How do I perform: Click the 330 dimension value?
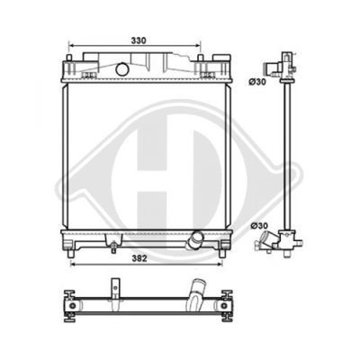coord(139,40)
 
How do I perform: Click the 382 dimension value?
coord(139,258)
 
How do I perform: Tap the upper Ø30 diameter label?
coord(257,82)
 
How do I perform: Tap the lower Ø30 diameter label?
coord(259,225)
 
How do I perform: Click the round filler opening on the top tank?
coord(121,69)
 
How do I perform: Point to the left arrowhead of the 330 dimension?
coord(71,46)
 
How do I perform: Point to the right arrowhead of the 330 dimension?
coord(198,46)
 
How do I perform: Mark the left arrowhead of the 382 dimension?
coord(73,264)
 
